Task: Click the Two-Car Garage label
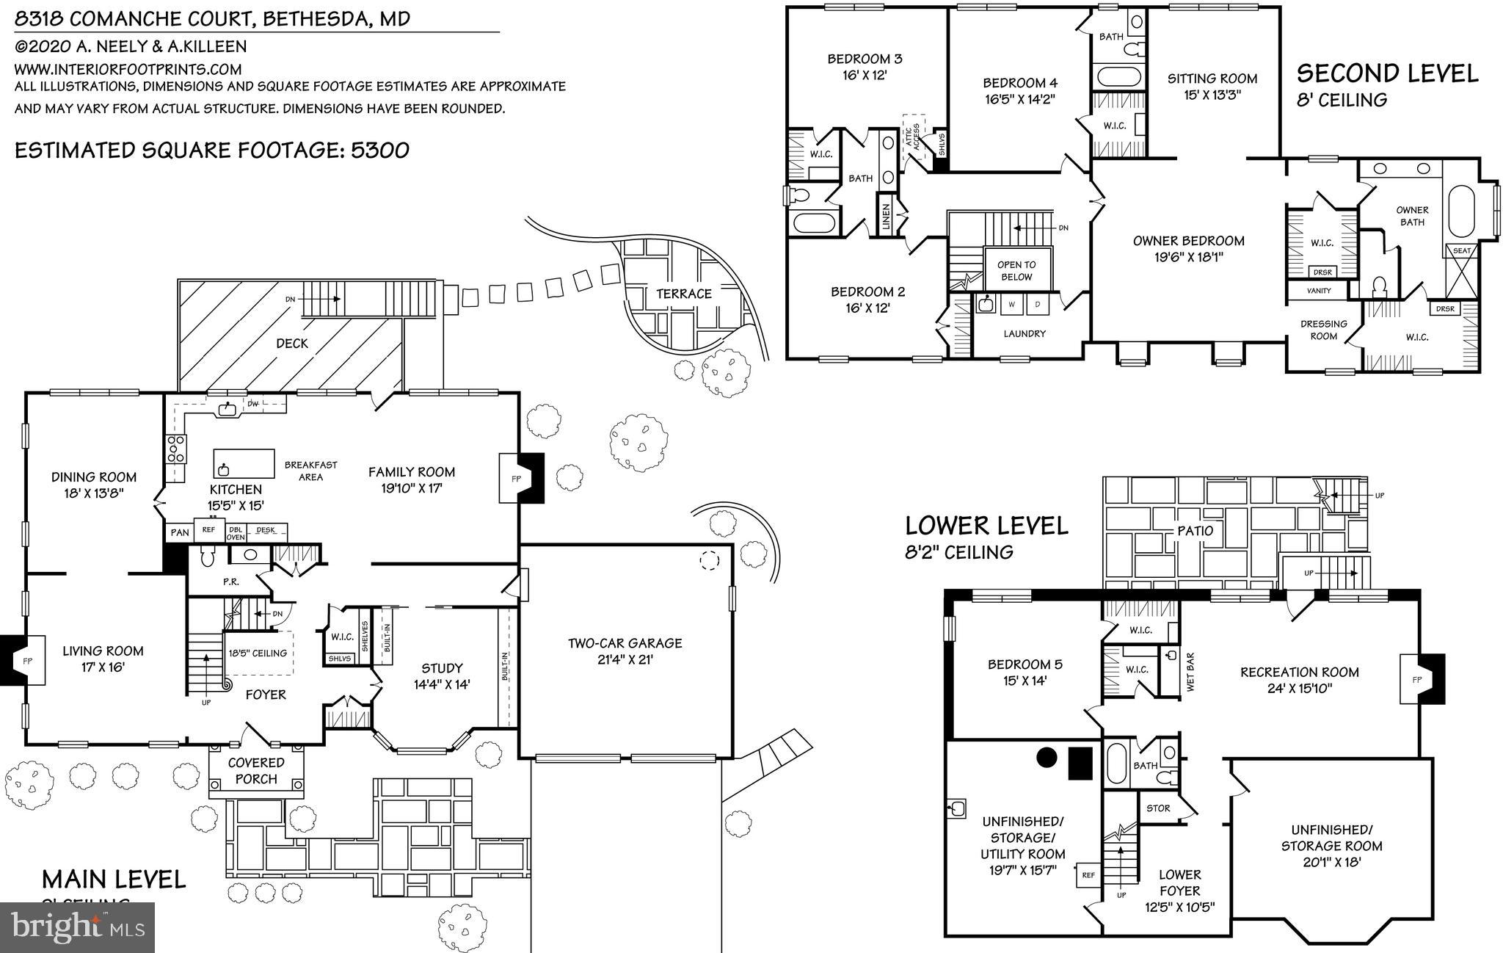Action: tap(625, 643)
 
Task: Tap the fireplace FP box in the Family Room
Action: tap(517, 479)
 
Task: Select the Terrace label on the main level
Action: tap(683, 294)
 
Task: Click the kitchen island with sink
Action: tap(244, 464)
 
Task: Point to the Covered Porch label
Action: tap(256, 771)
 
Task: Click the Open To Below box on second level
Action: tap(1016, 270)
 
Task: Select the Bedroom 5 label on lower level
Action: tap(1025, 664)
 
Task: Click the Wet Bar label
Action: tap(1190, 672)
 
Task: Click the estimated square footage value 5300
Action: tap(380, 151)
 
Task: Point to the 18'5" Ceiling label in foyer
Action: tap(258, 653)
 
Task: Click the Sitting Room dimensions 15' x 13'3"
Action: tap(1212, 95)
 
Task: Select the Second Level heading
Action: tap(1387, 73)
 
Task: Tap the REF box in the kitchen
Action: tap(208, 529)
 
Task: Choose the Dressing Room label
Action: tap(1323, 330)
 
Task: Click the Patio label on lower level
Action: tap(1196, 530)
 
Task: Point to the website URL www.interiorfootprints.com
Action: tap(128, 69)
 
